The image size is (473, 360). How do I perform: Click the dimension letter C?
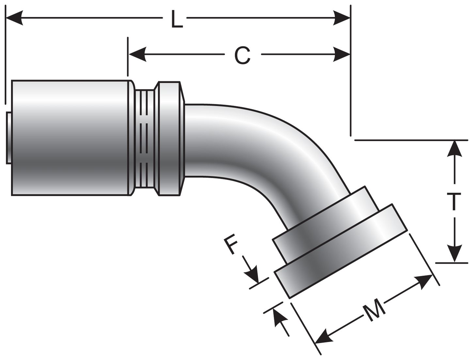tap(242, 56)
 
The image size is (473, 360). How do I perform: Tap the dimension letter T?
tap(454, 202)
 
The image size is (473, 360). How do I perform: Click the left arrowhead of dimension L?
tap(15, 18)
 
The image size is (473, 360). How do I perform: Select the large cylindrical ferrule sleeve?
tap(70, 138)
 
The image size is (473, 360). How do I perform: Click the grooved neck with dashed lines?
tap(146, 138)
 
